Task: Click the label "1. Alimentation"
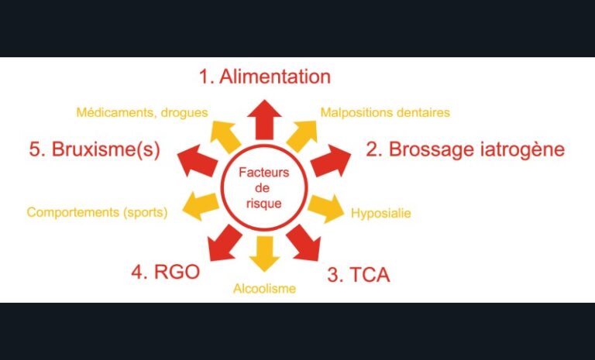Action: (x=263, y=77)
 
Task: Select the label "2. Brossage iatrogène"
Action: (x=465, y=149)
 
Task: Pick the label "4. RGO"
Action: (x=165, y=273)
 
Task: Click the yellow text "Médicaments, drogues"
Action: (x=142, y=112)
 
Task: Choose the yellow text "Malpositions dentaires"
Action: (x=385, y=112)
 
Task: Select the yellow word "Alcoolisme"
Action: (x=264, y=290)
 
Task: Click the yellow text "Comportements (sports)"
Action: (x=97, y=211)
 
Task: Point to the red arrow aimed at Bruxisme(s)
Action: (x=197, y=161)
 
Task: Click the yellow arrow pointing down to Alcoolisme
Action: (x=264, y=252)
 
